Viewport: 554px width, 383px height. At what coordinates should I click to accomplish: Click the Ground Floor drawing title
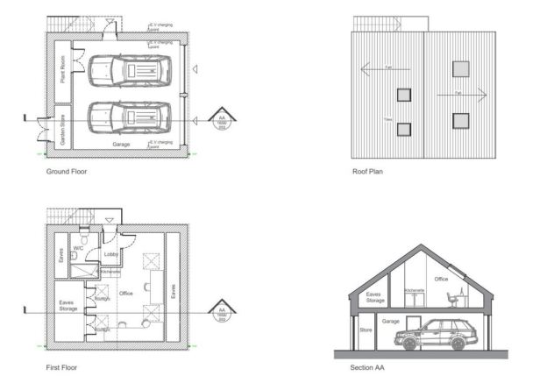click(x=67, y=173)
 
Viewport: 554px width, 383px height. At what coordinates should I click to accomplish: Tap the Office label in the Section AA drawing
click(x=441, y=279)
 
